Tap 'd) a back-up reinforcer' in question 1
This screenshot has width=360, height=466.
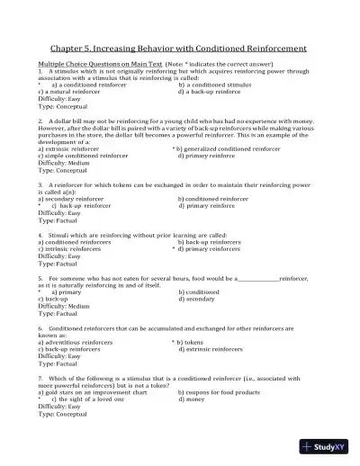point(212,92)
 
